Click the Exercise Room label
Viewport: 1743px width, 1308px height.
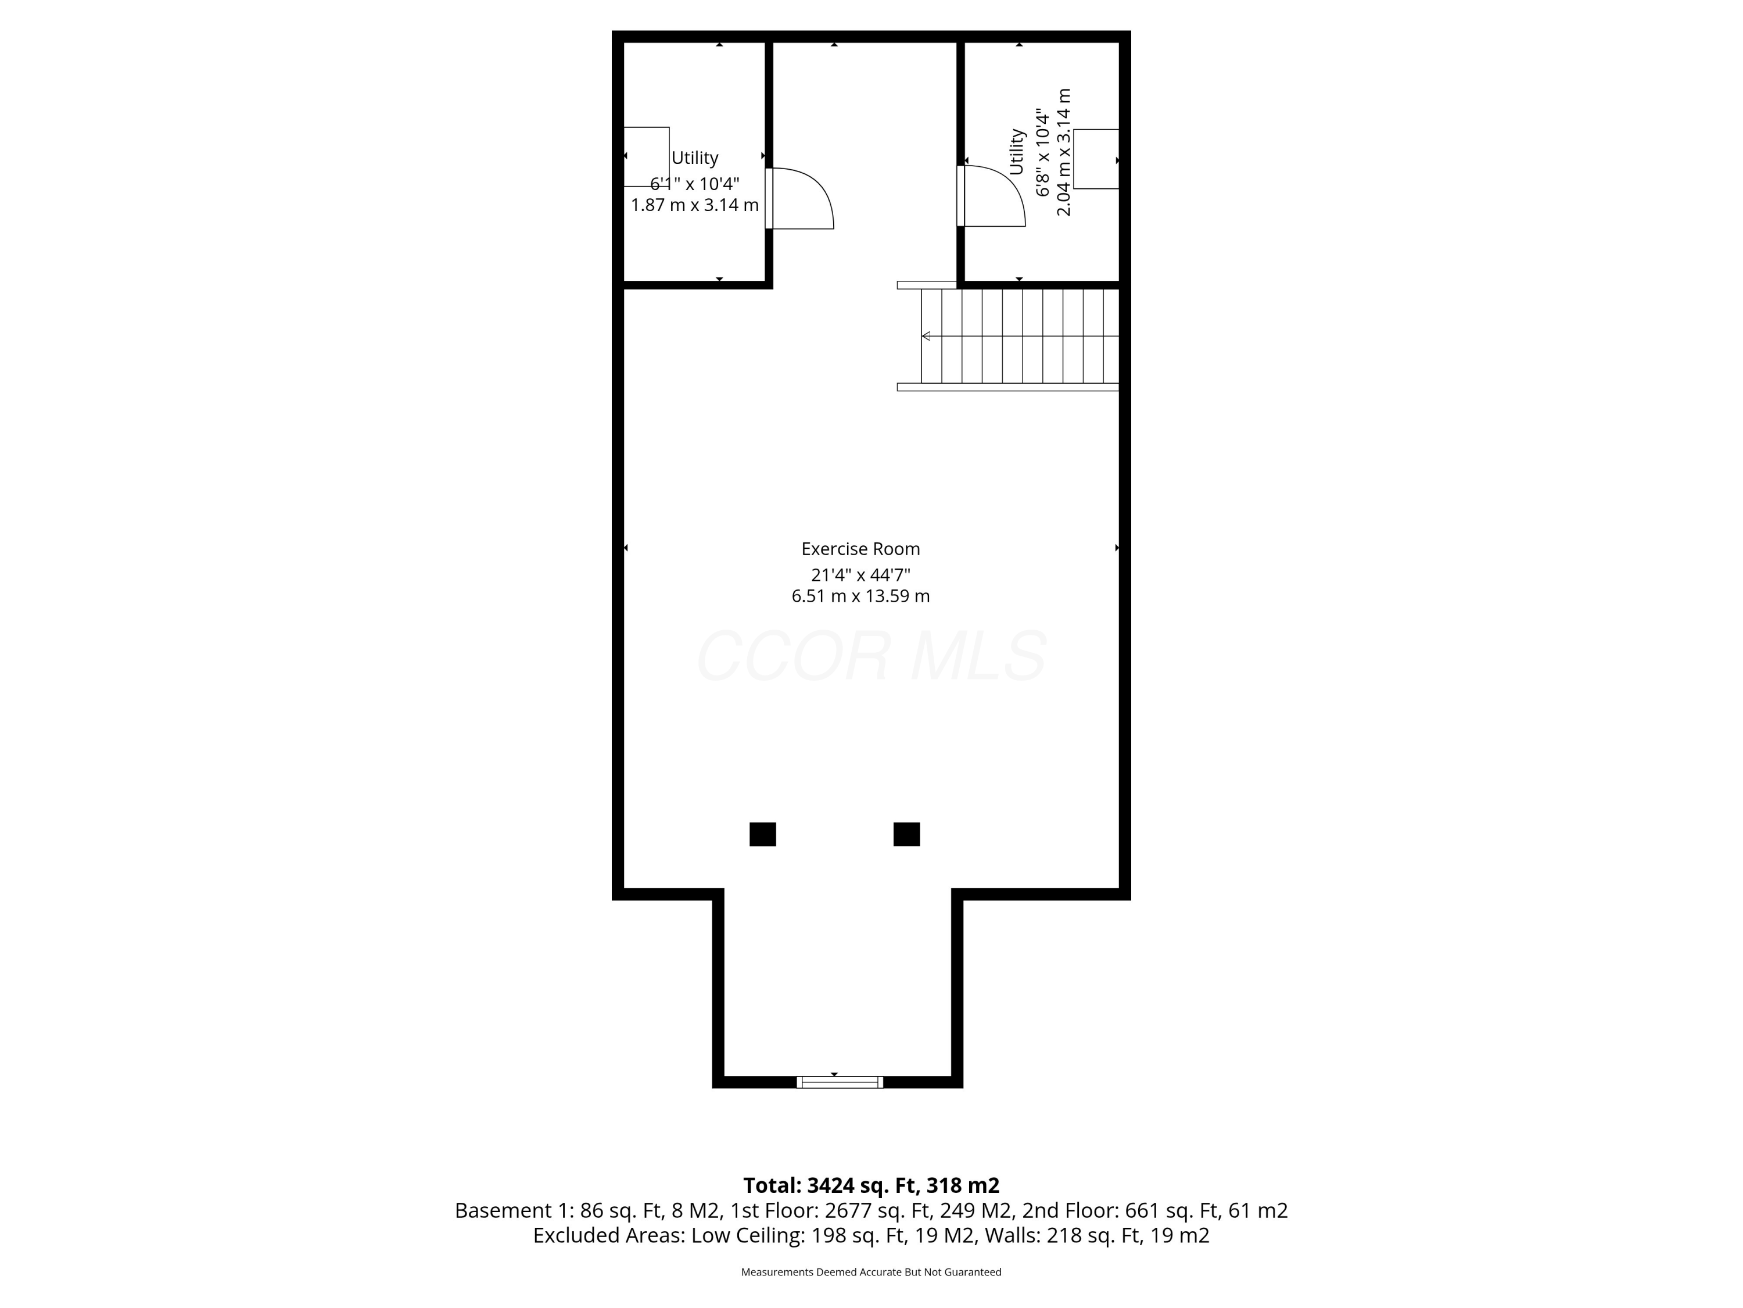[x=860, y=549]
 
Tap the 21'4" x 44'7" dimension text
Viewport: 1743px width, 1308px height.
[x=860, y=575]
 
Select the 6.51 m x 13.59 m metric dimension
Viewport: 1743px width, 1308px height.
[x=860, y=596]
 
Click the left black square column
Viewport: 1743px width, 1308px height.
[x=762, y=834]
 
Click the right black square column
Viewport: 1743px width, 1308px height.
[x=906, y=834]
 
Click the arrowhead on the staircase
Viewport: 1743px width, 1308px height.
[x=927, y=336]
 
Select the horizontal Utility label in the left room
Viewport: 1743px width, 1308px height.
[x=694, y=158]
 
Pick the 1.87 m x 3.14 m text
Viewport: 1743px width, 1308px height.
[x=694, y=205]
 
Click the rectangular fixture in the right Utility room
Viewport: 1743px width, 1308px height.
[x=1096, y=159]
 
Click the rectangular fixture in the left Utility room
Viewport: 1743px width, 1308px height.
[x=646, y=156]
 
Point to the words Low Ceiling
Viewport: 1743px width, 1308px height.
[x=747, y=1235]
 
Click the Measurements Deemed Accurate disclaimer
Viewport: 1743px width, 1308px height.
[x=871, y=1272]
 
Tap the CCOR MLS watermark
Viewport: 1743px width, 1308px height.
[x=871, y=656]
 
